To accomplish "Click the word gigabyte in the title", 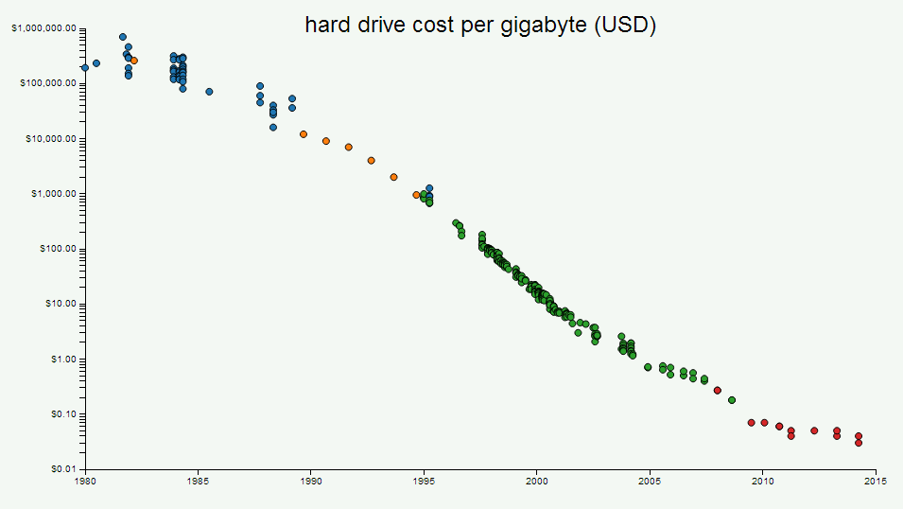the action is [544, 26].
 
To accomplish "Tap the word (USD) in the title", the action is [625, 25].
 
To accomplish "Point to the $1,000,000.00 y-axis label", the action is [43, 28].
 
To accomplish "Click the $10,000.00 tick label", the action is [51, 139].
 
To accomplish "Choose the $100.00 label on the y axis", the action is [58, 249].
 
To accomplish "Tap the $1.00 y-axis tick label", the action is [63, 360].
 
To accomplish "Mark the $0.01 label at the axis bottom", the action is [63, 469].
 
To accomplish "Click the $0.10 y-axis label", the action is [63, 414].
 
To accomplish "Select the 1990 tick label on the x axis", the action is [311, 482].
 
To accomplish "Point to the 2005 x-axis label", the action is [650, 482].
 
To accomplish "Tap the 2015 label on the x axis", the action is [876, 482].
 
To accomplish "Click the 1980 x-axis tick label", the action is [85, 482].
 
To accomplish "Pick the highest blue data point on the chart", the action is [123, 37].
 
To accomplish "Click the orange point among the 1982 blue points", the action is [134, 61].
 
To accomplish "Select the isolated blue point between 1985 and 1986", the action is [209, 92].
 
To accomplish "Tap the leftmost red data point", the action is [717, 390].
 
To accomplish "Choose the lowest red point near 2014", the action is [859, 443].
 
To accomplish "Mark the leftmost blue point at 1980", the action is [85, 67].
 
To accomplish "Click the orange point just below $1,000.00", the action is [416, 195].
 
